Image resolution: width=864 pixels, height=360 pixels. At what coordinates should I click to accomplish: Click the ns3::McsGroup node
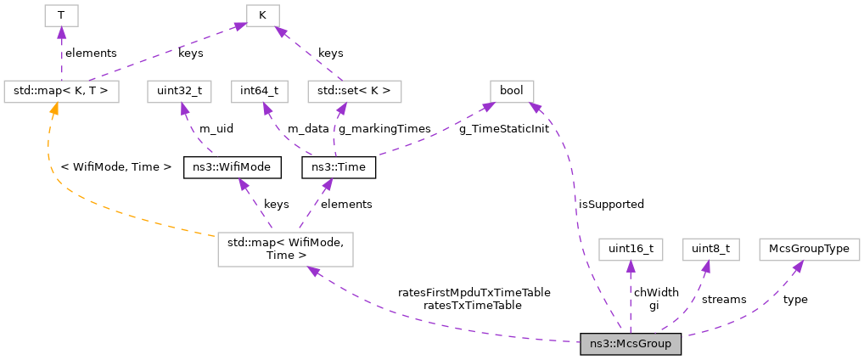click(x=630, y=345)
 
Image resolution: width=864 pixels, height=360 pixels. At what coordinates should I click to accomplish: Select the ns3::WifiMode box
click(x=232, y=167)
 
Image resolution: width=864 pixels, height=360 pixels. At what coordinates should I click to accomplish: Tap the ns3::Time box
click(x=339, y=167)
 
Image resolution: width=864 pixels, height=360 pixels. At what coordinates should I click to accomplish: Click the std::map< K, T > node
click(x=61, y=90)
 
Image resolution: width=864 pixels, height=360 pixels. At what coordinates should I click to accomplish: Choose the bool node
click(x=511, y=90)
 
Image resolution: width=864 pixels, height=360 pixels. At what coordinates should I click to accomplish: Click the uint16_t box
click(x=630, y=249)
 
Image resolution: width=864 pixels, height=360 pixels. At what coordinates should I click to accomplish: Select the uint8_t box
click(x=711, y=249)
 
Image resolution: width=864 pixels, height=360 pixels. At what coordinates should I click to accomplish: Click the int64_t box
click(x=260, y=90)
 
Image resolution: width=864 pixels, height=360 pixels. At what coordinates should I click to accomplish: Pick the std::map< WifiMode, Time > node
click(x=285, y=249)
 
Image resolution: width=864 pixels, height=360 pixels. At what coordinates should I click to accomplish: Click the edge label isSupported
click(x=611, y=204)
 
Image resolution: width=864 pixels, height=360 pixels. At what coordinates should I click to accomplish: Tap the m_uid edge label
click(x=216, y=128)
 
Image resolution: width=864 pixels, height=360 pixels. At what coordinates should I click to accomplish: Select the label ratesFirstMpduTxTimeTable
click(x=474, y=292)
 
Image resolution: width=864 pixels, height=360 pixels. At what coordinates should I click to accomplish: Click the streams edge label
click(x=724, y=299)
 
